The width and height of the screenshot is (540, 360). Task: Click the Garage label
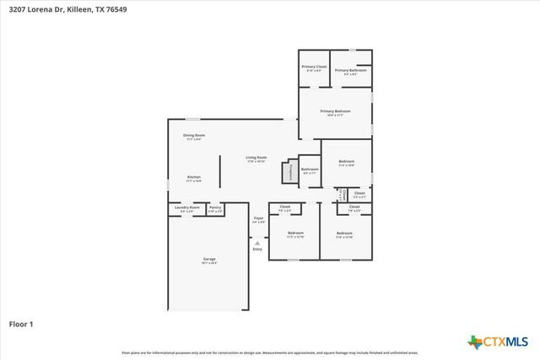pyautogui.click(x=208, y=259)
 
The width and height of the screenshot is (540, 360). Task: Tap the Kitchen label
pyautogui.click(x=194, y=177)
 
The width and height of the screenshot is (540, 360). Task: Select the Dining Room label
pyautogui.click(x=194, y=135)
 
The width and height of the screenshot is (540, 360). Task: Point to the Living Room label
pyautogui.click(x=256, y=158)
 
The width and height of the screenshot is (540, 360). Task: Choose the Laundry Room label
pyautogui.click(x=187, y=207)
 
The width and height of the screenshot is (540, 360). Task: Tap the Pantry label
pyautogui.click(x=215, y=207)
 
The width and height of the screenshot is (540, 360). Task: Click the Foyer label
pyautogui.click(x=258, y=219)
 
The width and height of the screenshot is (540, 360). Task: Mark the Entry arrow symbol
pyautogui.click(x=257, y=243)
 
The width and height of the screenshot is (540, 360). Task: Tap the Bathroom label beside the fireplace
pyautogui.click(x=310, y=169)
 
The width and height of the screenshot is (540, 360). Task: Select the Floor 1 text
pyautogui.click(x=22, y=323)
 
